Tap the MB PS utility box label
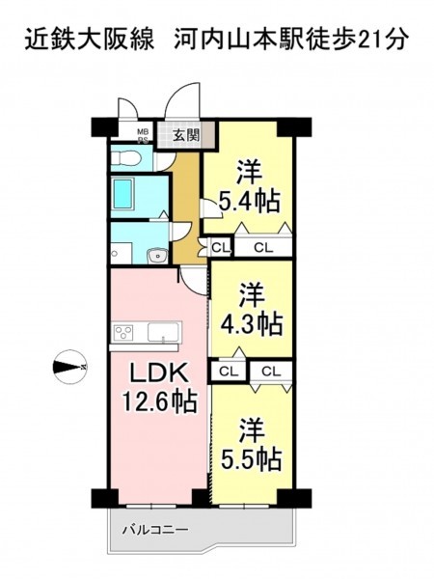coord(143,135)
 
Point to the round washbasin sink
coord(157,255)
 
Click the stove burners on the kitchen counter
coord(123,332)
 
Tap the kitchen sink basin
coord(163,332)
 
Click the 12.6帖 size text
coord(158,401)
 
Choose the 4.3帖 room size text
coord(252,323)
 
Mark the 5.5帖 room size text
coord(252,458)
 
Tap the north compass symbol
coord(69,367)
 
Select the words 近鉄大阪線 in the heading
coord(90,39)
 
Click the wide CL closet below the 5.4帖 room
coord(262,247)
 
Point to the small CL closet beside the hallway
coord(220,247)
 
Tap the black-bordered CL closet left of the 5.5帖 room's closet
coord(229,372)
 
